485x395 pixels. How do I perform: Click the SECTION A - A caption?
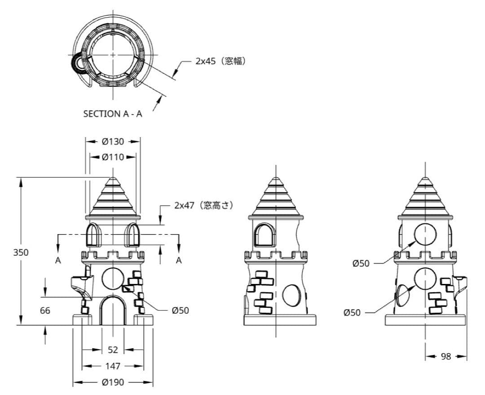point(113,114)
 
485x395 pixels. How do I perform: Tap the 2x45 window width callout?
point(220,61)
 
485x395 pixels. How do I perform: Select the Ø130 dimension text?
point(113,141)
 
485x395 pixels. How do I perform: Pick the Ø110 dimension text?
point(113,157)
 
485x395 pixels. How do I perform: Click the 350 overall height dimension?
point(20,252)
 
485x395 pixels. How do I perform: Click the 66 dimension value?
point(44,311)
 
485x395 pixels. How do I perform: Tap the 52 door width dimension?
point(113,350)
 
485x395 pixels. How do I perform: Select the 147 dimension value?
point(113,366)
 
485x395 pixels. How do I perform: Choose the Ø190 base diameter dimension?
point(113,382)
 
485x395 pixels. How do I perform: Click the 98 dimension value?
point(446,356)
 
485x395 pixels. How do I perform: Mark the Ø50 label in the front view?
point(180,311)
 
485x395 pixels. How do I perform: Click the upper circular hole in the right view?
point(425,235)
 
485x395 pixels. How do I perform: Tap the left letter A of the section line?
point(58,260)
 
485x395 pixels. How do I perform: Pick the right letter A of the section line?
point(179,260)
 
